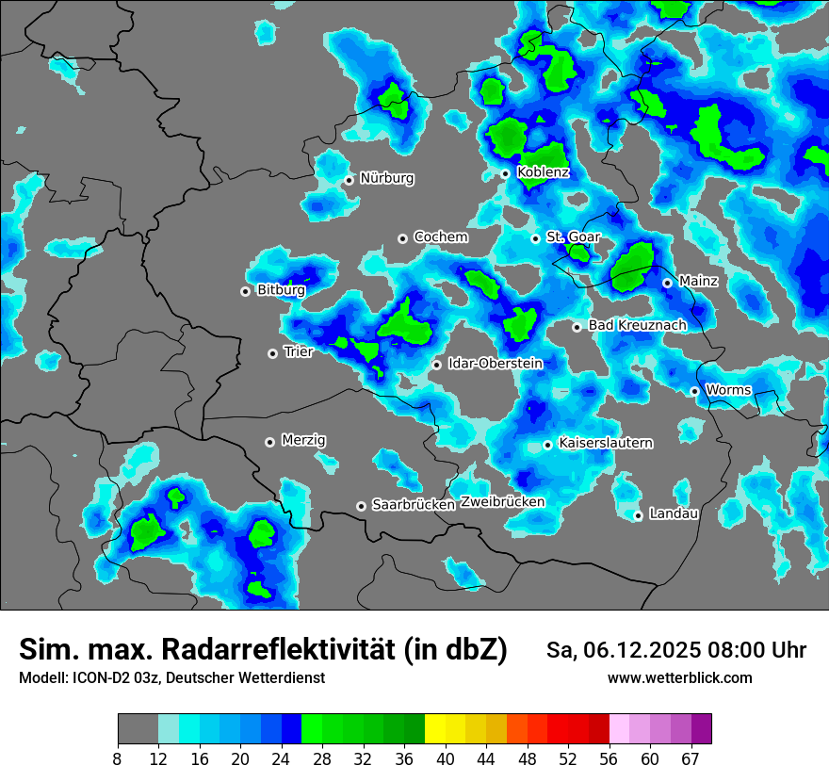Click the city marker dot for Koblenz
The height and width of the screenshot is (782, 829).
[x=506, y=173]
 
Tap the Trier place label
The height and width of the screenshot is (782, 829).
[x=298, y=351]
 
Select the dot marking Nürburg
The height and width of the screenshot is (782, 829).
[x=349, y=180]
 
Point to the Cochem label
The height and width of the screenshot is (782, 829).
[x=440, y=237]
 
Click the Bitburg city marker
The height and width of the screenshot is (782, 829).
[x=246, y=291]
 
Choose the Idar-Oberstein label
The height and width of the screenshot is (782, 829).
[x=496, y=364]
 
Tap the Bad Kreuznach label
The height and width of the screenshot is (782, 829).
[x=637, y=325]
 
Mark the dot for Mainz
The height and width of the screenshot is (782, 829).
[x=667, y=283]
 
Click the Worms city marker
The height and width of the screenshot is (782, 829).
[x=694, y=391]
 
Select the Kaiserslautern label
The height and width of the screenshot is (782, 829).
[x=606, y=443]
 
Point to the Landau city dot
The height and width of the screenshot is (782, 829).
[x=639, y=515]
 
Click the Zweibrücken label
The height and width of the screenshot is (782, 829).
[x=503, y=502]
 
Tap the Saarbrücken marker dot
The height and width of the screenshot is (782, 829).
[x=361, y=506]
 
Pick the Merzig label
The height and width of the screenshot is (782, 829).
[x=303, y=440]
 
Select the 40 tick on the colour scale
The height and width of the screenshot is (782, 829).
[x=446, y=758]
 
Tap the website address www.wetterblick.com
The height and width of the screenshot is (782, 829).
[x=680, y=678]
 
